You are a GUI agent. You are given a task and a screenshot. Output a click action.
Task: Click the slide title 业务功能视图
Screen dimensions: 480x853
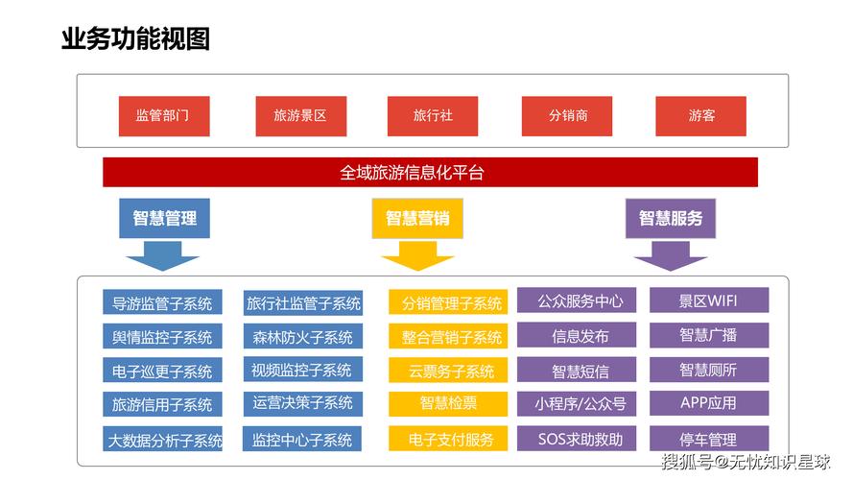tap(135, 39)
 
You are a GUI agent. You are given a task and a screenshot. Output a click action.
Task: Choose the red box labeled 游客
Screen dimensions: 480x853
tap(700, 115)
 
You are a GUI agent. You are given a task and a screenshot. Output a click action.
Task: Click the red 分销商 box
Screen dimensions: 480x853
tap(567, 115)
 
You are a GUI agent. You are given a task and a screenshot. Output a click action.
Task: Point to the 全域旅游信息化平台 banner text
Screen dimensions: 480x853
tap(412, 173)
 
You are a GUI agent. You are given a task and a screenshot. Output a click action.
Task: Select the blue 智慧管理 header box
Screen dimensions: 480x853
tap(164, 218)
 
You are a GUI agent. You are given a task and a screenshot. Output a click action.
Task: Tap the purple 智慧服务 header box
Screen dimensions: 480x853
tap(671, 218)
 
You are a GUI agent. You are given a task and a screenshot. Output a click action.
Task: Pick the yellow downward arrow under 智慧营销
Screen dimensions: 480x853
tap(417, 255)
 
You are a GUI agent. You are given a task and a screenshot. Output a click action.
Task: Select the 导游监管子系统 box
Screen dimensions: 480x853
tap(162, 303)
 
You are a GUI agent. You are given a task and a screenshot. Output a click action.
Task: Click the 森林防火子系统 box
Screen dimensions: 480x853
tap(302, 337)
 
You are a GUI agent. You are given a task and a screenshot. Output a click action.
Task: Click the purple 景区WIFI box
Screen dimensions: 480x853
tap(709, 300)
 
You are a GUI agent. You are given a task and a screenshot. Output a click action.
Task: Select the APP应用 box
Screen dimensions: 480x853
tap(709, 402)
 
